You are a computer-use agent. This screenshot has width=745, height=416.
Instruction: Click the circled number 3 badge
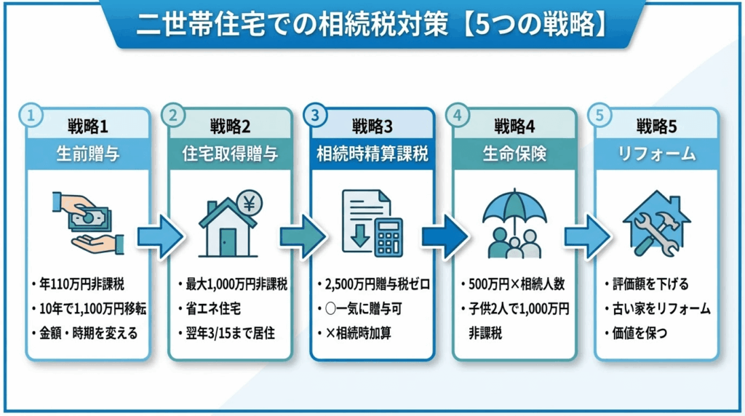[315, 116]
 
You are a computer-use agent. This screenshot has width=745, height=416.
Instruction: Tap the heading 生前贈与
[88, 154]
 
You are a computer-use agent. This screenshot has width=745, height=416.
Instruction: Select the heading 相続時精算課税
[372, 154]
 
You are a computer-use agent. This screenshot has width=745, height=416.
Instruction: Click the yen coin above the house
[249, 203]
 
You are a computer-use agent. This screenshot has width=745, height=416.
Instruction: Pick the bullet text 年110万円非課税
[81, 284]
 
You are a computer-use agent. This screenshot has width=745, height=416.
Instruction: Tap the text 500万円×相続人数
[517, 284]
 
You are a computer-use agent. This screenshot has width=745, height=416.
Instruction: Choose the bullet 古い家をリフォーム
[661, 309]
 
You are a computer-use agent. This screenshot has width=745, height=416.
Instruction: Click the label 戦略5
[656, 127]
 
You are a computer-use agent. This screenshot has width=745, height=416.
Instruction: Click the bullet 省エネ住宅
[213, 309]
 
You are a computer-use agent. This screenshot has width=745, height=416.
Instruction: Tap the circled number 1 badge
[31, 116]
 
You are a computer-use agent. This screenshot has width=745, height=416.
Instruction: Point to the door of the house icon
[228, 242]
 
